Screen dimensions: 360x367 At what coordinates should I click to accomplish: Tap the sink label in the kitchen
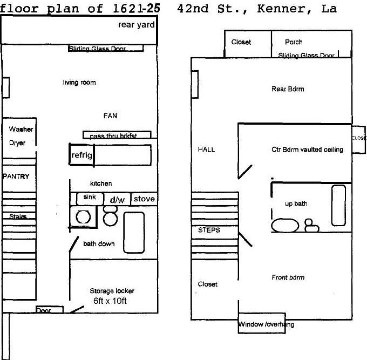point(90,198)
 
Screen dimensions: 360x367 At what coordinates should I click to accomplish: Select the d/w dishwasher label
point(117,200)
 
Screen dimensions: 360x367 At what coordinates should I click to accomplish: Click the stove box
point(144,199)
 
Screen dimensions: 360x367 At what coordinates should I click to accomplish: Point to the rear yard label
point(137,25)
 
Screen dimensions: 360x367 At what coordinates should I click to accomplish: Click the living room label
point(79,83)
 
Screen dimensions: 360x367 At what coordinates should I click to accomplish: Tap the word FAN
point(110,116)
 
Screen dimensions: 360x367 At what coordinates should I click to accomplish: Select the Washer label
point(21,130)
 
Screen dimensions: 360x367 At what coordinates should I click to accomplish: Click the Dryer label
point(17,143)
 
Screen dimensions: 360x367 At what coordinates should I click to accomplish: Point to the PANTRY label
point(16,176)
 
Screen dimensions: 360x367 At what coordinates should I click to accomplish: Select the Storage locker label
point(112,291)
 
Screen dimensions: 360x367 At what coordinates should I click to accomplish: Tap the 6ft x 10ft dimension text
point(112,301)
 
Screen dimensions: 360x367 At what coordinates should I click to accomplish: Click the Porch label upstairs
point(294,42)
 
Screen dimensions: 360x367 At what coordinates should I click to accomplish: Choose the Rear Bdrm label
point(287,89)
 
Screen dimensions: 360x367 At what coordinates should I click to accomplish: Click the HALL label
point(206,150)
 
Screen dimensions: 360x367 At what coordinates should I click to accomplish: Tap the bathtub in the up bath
point(338,205)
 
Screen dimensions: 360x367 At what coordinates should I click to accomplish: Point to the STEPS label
point(209,230)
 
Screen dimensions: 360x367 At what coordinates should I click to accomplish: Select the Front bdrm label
point(288,277)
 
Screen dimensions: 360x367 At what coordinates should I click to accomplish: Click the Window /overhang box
point(266,324)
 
